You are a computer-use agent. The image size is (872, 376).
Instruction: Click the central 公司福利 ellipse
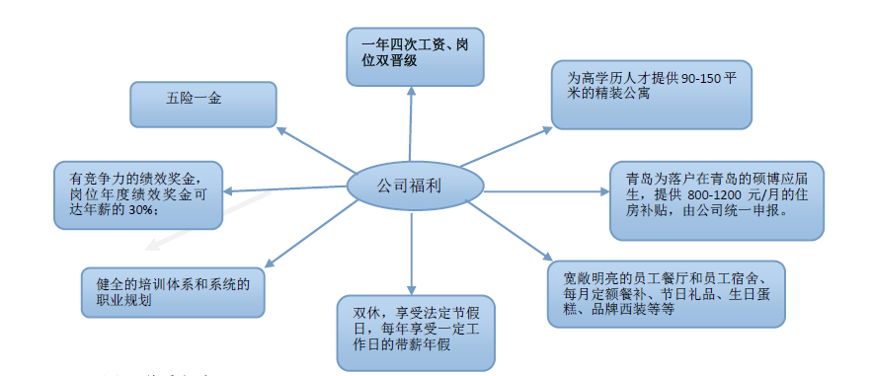point(416,186)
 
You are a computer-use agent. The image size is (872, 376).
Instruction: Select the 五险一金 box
point(203,105)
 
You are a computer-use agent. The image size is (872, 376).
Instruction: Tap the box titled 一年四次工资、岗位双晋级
point(415,56)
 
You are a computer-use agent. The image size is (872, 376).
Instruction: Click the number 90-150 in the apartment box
point(701,79)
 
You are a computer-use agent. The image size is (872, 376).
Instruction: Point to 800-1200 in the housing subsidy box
point(708,196)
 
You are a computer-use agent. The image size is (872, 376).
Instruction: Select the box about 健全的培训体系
point(173,293)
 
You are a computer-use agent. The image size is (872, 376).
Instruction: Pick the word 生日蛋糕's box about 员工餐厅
point(667,294)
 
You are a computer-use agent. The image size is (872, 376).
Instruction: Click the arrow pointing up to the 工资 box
point(411,123)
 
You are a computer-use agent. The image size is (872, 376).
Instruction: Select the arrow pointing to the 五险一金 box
point(315,150)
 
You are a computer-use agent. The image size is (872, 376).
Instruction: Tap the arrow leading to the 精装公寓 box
point(506,147)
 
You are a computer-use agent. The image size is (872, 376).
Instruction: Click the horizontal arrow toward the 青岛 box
point(547,191)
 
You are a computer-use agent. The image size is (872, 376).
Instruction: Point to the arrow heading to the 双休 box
point(412,253)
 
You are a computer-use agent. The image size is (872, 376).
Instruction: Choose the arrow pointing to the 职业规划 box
point(311,234)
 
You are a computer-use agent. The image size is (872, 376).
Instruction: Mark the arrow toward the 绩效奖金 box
point(284,189)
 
